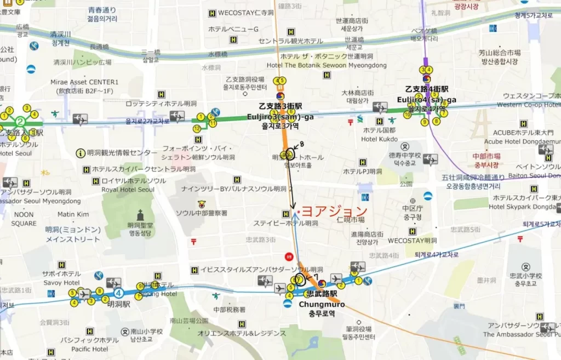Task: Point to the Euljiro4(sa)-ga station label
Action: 427,100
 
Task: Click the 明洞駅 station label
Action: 118,304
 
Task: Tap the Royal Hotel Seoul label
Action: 128,190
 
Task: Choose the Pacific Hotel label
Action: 89,349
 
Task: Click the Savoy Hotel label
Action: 61,283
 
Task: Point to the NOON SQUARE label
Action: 24,219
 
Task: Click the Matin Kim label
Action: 73,214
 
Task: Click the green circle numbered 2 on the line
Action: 21,121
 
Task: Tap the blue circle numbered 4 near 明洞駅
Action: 118,285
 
